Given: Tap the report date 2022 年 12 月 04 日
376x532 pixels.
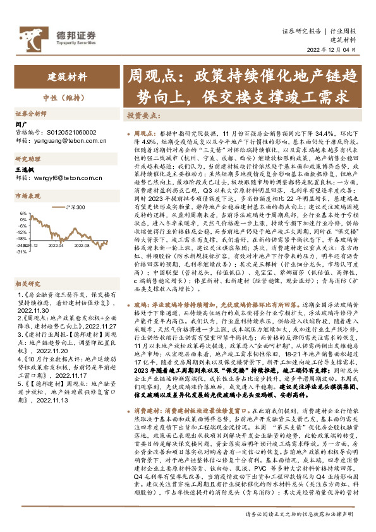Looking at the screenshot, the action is (x=335, y=52).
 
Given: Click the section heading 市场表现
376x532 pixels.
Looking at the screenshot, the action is (x=28, y=196).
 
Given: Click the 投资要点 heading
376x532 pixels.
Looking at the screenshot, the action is (x=142, y=116).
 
